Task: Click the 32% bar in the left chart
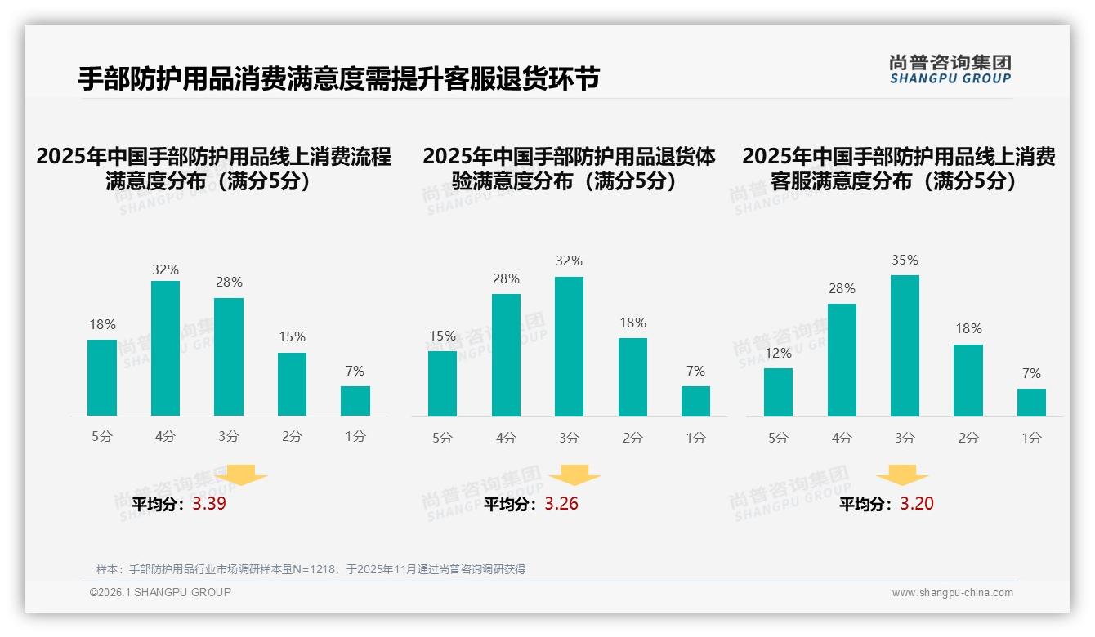click(165, 348)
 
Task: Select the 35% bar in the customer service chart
click(905, 345)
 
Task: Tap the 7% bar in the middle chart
click(695, 401)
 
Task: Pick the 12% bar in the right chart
click(778, 392)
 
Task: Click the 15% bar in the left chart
click(292, 384)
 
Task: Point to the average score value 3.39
click(209, 504)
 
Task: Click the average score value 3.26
click(561, 504)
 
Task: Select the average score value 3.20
click(917, 504)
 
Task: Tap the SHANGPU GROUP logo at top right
click(950, 69)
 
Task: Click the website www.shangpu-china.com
click(952, 593)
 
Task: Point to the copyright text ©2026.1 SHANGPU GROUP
click(160, 592)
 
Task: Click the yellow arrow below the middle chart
click(574, 475)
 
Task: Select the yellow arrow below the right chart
click(902, 475)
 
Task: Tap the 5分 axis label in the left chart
click(102, 437)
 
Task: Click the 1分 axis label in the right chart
click(1031, 439)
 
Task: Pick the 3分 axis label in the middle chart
click(569, 439)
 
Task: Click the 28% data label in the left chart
click(228, 283)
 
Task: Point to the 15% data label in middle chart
click(442, 336)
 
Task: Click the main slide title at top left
click(338, 78)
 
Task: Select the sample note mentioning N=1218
click(311, 569)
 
